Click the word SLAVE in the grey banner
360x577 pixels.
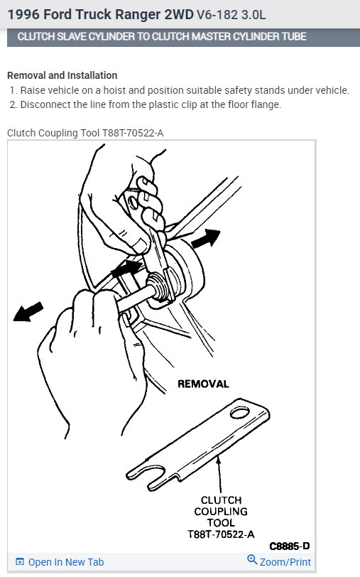75,37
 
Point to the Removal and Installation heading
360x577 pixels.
62,75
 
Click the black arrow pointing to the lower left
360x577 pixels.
28,311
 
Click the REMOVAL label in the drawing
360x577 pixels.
203,384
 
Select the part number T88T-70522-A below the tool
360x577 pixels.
222,534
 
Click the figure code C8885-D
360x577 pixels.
289,546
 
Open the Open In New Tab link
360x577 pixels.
66,562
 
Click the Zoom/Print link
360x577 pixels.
285,562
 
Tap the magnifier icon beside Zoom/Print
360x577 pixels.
251,561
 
